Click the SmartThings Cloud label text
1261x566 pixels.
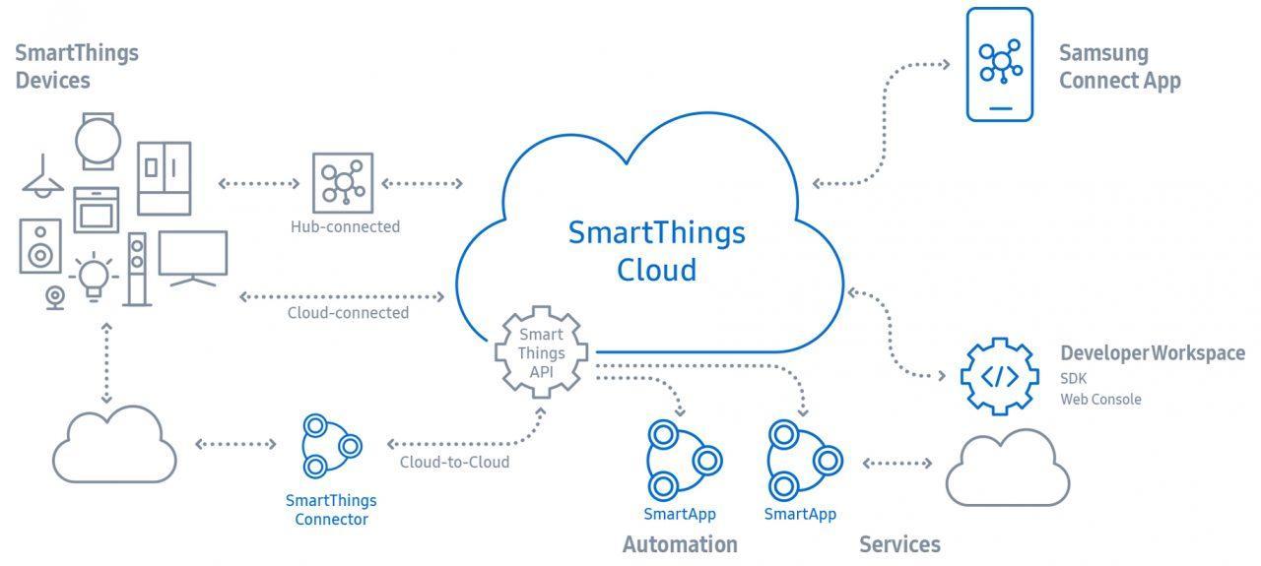(x=656, y=251)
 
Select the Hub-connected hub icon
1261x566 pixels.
(x=342, y=183)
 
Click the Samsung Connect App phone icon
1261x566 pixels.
(x=999, y=65)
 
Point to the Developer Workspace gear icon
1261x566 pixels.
(x=999, y=376)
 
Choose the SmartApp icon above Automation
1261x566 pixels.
(x=680, y=460)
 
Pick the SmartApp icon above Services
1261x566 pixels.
(x=800, y=460)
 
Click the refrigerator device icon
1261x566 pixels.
(x=164, y=178)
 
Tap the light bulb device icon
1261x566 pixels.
(x=94, y=274)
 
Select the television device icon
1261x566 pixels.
(x=192, y=258)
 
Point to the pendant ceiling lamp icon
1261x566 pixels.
(x=42, y=178)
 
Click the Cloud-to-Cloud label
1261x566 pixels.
(x=454, y=462)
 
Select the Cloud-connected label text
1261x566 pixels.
(x=348, y=313)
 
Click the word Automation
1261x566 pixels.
(x=680, y=544)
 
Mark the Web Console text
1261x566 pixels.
(x=1100, y=400)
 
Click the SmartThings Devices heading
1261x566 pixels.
(x=77, y=67)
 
